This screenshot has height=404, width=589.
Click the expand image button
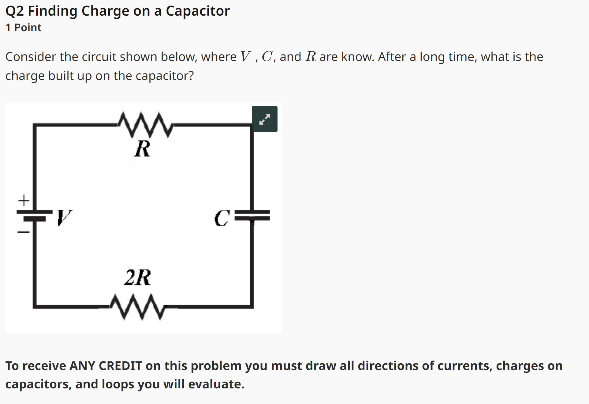[x=264, y=119]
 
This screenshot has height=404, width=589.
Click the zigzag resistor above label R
[x=145, y=125]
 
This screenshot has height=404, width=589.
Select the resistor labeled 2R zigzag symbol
[x=137, y=307]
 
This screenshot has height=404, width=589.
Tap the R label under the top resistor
[x=142, y=149]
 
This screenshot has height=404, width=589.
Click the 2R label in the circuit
[x=137, y=278]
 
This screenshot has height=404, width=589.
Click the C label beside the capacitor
[x=222, y=218]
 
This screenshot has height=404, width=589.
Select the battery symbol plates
[x=34, y=215]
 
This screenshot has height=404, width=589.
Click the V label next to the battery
[x=64, y=217]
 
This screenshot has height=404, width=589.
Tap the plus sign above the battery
[x=24, y=201]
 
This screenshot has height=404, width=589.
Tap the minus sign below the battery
[x=23, y=232]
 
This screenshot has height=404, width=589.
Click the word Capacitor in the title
[x=198, y=11]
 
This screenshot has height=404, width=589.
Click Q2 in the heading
[x=14, y=11]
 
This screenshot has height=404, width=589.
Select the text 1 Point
[x=24, y=28]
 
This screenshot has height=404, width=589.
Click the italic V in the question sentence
[x=245, y=57]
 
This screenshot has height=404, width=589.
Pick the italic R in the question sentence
[x=311, y=57]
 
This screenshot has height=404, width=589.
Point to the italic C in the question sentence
[x=267, y=57]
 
